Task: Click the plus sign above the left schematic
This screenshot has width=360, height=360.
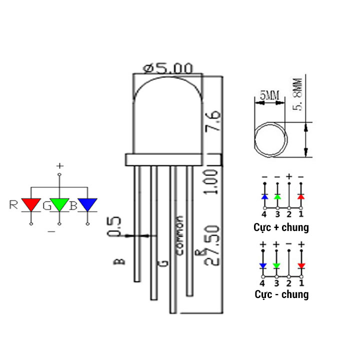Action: click(x=60, y=165)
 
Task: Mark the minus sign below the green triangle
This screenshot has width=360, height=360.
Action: click(x=50, y=231)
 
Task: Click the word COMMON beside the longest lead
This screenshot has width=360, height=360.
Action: click(x=180, y=235)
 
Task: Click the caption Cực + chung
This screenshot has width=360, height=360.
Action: click(x=281, y=227)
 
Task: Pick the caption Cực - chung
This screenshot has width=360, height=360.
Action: click(x=281, y=294)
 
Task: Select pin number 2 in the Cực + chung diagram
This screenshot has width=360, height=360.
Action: click(x=289, y=214)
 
